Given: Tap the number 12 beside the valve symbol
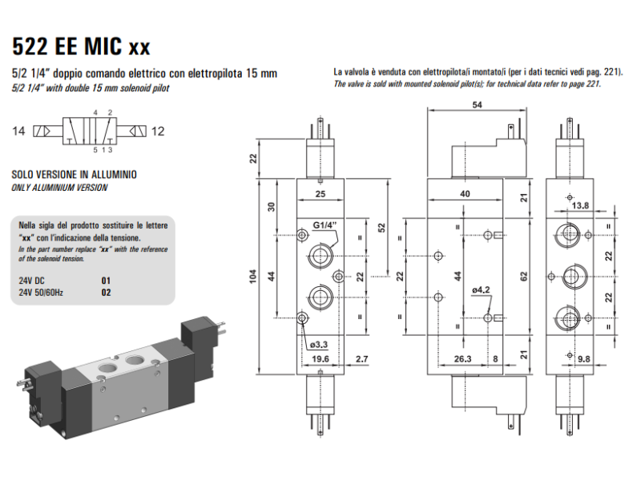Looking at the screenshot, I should [x=158, y=131].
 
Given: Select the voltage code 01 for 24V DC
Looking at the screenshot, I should [x=105, y=281].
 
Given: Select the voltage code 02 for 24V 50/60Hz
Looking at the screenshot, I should [x=105, y=293].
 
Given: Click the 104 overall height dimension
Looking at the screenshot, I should [x=252, y=277].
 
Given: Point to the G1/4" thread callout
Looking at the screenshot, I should [x=325, y=224].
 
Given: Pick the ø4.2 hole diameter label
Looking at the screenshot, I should [x=481, y=289].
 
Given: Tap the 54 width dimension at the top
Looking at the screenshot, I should [x=477, y=105].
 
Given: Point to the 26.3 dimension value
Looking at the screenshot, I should [x=463, y=358].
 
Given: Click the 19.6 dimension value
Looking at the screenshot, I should [x=320, y=358].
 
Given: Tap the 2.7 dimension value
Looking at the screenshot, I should [x=361, y=358].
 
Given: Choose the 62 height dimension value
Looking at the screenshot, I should [x=523, y=277].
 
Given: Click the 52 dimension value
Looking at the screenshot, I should [x=382, y=227].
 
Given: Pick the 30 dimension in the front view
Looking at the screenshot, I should [x=272, y=205].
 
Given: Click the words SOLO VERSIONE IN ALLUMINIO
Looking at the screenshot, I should [x=74, y=174].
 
